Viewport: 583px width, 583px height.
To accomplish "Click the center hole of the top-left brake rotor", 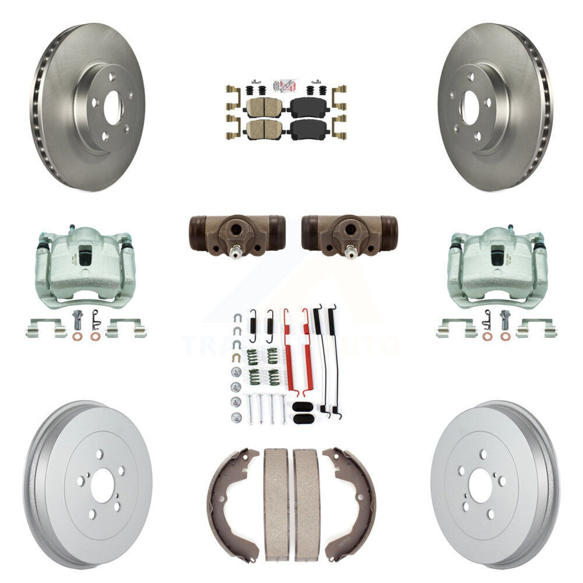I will coord(114,107).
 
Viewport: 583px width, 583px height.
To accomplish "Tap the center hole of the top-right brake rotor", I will coord(471,107).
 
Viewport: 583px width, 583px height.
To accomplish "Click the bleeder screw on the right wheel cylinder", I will coord(350,252).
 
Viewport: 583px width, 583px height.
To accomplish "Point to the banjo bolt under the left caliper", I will coord(77,320).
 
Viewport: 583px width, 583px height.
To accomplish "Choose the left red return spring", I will coord(287,350).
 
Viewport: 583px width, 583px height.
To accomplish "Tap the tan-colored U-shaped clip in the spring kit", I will coord(236,357).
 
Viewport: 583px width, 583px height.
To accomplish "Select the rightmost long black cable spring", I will coord(334,362).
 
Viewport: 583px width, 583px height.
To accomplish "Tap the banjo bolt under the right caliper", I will coord(504,320).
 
